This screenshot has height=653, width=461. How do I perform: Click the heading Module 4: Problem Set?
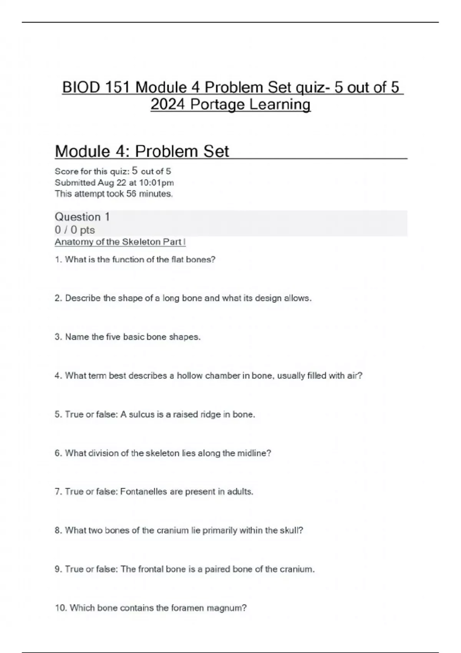(142, 151)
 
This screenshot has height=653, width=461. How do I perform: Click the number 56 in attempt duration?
(131, 194)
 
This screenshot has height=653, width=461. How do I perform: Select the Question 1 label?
(82, 217)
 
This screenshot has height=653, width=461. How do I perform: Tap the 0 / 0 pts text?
(75, 230)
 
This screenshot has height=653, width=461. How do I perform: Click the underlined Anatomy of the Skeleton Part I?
(120, 242)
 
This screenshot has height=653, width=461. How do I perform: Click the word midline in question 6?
(254, 453)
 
